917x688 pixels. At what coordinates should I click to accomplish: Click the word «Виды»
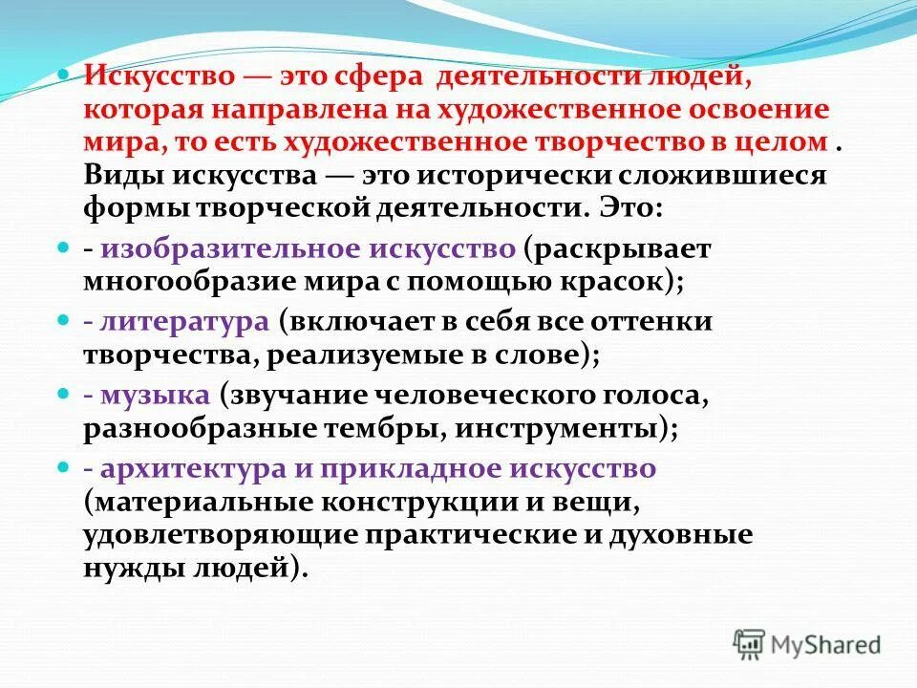point(120,177)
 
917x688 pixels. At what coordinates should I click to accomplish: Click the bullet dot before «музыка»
point(63,394)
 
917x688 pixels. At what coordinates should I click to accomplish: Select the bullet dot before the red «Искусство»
point(63,75)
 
